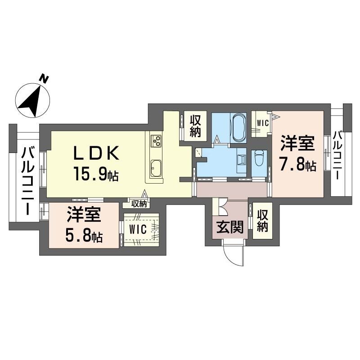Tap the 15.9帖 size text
pos(96,174)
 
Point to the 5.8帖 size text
pos(84,236)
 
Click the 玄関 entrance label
pos(230,228)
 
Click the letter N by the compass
pos(44,78)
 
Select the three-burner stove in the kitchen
pos(157,141)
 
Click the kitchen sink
pos(156,168)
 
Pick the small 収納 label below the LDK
pos(139,203)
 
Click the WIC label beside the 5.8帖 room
pos(138,229)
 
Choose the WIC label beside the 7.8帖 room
pos(262,121)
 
